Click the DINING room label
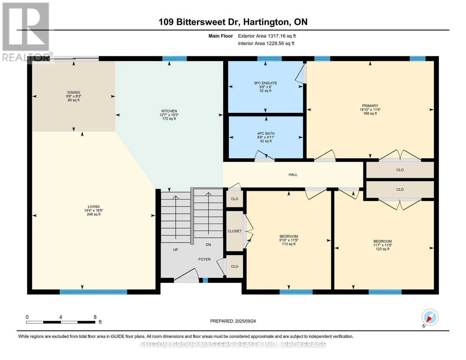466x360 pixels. point(74,92)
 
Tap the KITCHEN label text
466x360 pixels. point(169,111)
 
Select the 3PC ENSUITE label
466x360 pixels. point(266,83)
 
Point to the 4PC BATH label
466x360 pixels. point(266,133)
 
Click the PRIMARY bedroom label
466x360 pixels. point(370,106)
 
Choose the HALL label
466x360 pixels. point(293,175)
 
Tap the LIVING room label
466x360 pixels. point(94,207)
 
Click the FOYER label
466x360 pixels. point(204,259)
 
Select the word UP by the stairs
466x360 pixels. point(176,250)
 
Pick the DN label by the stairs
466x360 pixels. point(209,244)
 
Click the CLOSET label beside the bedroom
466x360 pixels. point(235,231)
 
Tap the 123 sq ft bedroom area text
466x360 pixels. point(383,249)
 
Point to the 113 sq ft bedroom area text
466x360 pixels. point(289,244)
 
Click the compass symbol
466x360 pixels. point(430,317)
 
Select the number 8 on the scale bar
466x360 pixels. point(95,317)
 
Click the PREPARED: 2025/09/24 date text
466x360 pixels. point(233,321)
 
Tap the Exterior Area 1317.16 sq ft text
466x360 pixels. point(267,36)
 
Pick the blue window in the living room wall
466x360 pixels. point(93,292)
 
